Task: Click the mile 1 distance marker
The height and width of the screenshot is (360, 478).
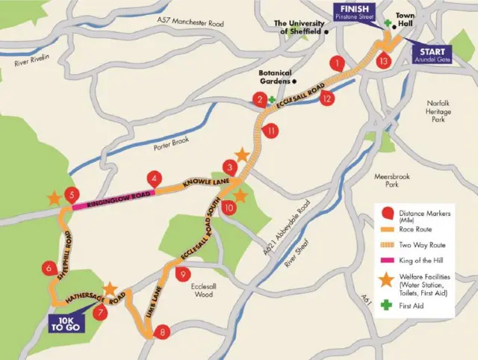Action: click(x=339, y=63)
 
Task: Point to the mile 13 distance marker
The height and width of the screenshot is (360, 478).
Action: click(x=384, y=60)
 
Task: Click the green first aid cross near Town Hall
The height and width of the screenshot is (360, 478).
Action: click(x=387, y=25)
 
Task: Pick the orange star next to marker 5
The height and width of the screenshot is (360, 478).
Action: click(x=53, y=199)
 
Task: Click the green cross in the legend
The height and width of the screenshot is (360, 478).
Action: click(x=385, y=305)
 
